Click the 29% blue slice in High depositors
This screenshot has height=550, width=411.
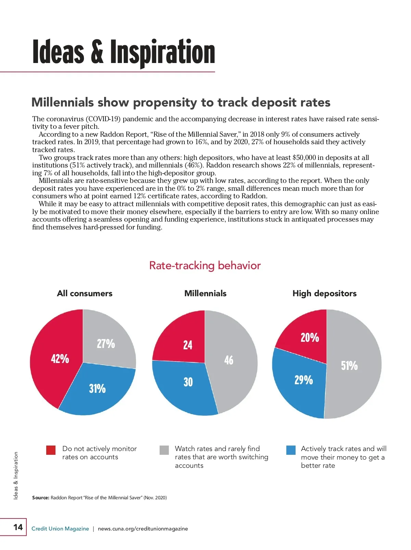pyautogui.click(x=301, y=382)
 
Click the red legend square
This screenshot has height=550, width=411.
pyautogui.click(x=51, y=450)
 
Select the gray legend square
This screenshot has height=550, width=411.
pyautogui.click(x=164, y=450)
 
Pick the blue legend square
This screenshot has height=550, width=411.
pyautogui.click(x=291, y=450)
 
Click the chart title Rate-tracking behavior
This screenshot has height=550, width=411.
pyautogui.click(x=205, y=265)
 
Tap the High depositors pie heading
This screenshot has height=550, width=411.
pyautogui.click(x=324, y=293)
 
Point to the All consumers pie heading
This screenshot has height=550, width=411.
pyautogui.click(x=85, y=293)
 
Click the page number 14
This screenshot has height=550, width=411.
pyautogui.click(x=18, y=527)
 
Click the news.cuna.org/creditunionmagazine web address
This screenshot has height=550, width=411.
pyautogui.click(x=143, y=528)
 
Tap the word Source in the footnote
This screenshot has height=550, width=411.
pyautogui.click(x=40, y=498)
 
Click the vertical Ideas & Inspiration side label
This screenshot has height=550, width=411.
pyautogui.click(x=16, y=475)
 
